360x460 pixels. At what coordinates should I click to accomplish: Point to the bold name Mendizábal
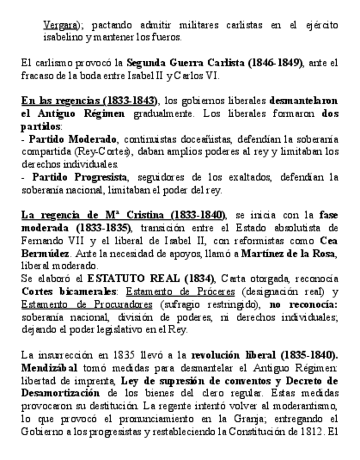tap(47, 368)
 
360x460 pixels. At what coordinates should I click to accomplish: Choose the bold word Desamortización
tap(60, 393)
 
